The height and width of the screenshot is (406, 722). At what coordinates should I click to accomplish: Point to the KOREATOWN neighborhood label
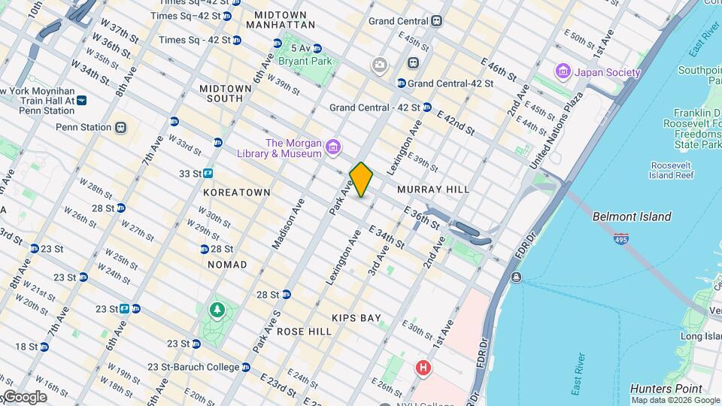(237, 192)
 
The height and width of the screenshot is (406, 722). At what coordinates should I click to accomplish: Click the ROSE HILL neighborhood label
(304, 332)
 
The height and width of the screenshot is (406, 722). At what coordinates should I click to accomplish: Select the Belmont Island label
(632, 217)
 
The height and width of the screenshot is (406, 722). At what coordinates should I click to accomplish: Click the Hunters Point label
(666, 389)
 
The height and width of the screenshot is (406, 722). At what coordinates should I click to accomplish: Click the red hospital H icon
(423, 368)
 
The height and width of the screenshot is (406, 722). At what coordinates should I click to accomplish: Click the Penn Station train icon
(121, 127)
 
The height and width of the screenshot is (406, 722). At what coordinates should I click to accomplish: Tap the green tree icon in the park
(217, 310)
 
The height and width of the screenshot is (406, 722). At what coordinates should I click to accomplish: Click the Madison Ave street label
(286, 225)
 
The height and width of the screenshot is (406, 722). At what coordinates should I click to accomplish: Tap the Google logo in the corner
(24, 396)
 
